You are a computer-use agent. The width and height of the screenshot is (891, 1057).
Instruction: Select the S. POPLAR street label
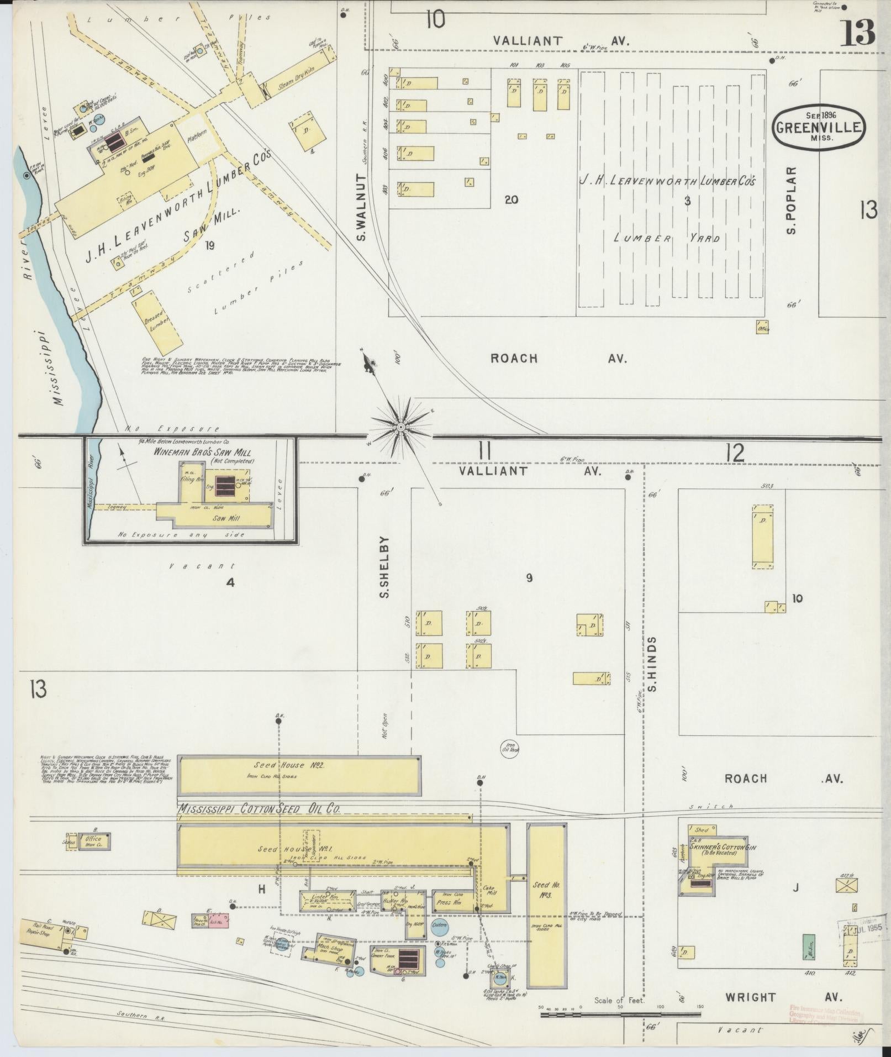(792, 200)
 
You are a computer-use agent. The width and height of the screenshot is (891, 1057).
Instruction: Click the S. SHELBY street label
(386, 567)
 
